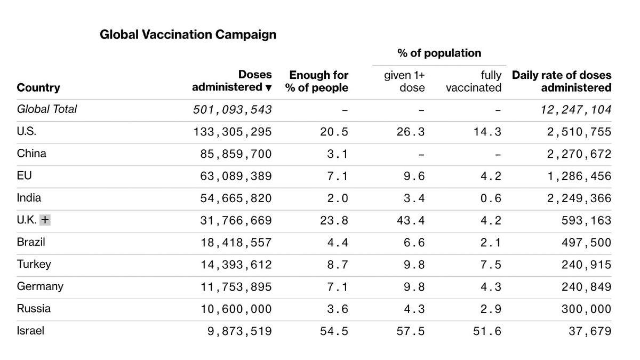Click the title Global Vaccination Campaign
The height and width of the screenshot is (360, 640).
tap(188, 35)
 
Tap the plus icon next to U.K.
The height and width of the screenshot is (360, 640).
tap(45, 220)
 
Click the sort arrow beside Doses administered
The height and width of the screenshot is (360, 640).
tap(268, 87)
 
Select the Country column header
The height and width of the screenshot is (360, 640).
tap(38, 87)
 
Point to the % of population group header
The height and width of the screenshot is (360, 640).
tap(439, 53)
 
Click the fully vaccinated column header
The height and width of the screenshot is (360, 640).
tap(474, 81)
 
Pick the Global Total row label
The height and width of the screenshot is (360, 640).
tap(46, 109)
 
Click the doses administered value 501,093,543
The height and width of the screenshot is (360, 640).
tap(233, 110)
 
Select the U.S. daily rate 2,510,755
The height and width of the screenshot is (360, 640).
tap(579, 132)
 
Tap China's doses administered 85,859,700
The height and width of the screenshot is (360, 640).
tap(236, 154)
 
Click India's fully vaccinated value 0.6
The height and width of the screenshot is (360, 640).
tap(491, 198)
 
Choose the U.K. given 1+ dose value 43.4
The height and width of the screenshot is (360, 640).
tap(411, 220)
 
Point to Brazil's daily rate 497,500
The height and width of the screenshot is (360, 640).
tap(586, 243)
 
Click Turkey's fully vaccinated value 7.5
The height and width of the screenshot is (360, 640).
tap(491, 265)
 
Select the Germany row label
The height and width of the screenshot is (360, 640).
tap(40, 286)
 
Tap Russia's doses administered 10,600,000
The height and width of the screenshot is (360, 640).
tap(236, 309)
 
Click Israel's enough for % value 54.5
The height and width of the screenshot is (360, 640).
tap(334, 331)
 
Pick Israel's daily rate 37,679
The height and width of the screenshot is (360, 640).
tap(590, 331)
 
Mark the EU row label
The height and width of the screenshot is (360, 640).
tap(25, 175)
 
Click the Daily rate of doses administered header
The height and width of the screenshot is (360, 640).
tap(562, 81)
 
